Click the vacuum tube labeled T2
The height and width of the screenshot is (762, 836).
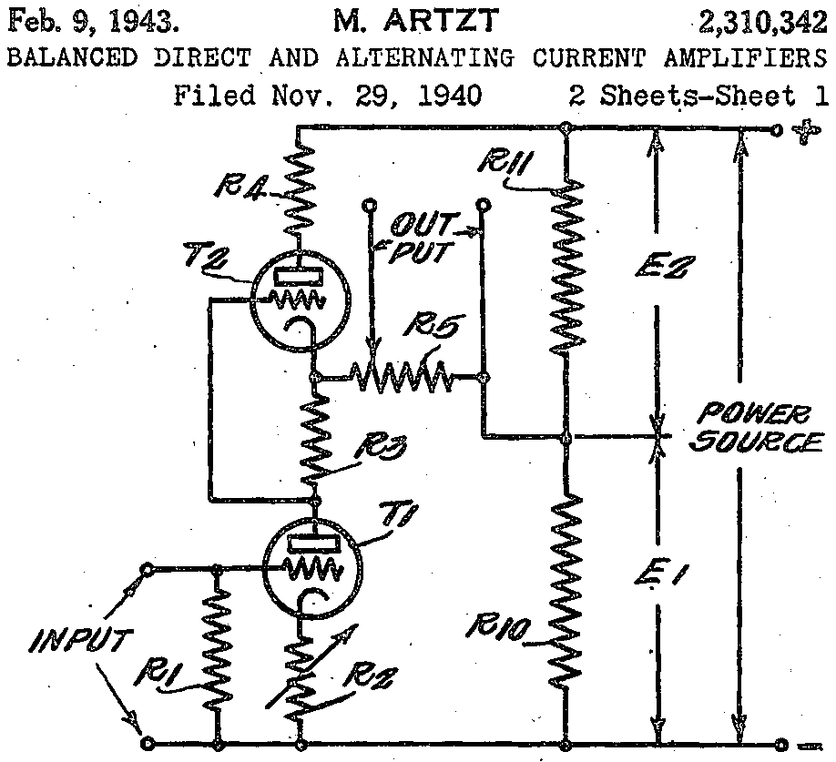point(301,300)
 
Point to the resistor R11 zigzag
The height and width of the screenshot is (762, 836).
point(567,265)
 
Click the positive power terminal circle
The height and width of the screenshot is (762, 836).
point(778,129)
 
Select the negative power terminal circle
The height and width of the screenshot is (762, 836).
point(780,744)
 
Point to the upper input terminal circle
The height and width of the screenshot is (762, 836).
point(148,569)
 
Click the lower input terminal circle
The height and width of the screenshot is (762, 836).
point(148,744)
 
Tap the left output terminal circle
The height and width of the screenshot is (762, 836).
point(369,205)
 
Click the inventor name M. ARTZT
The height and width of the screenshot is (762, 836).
point(416,21)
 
